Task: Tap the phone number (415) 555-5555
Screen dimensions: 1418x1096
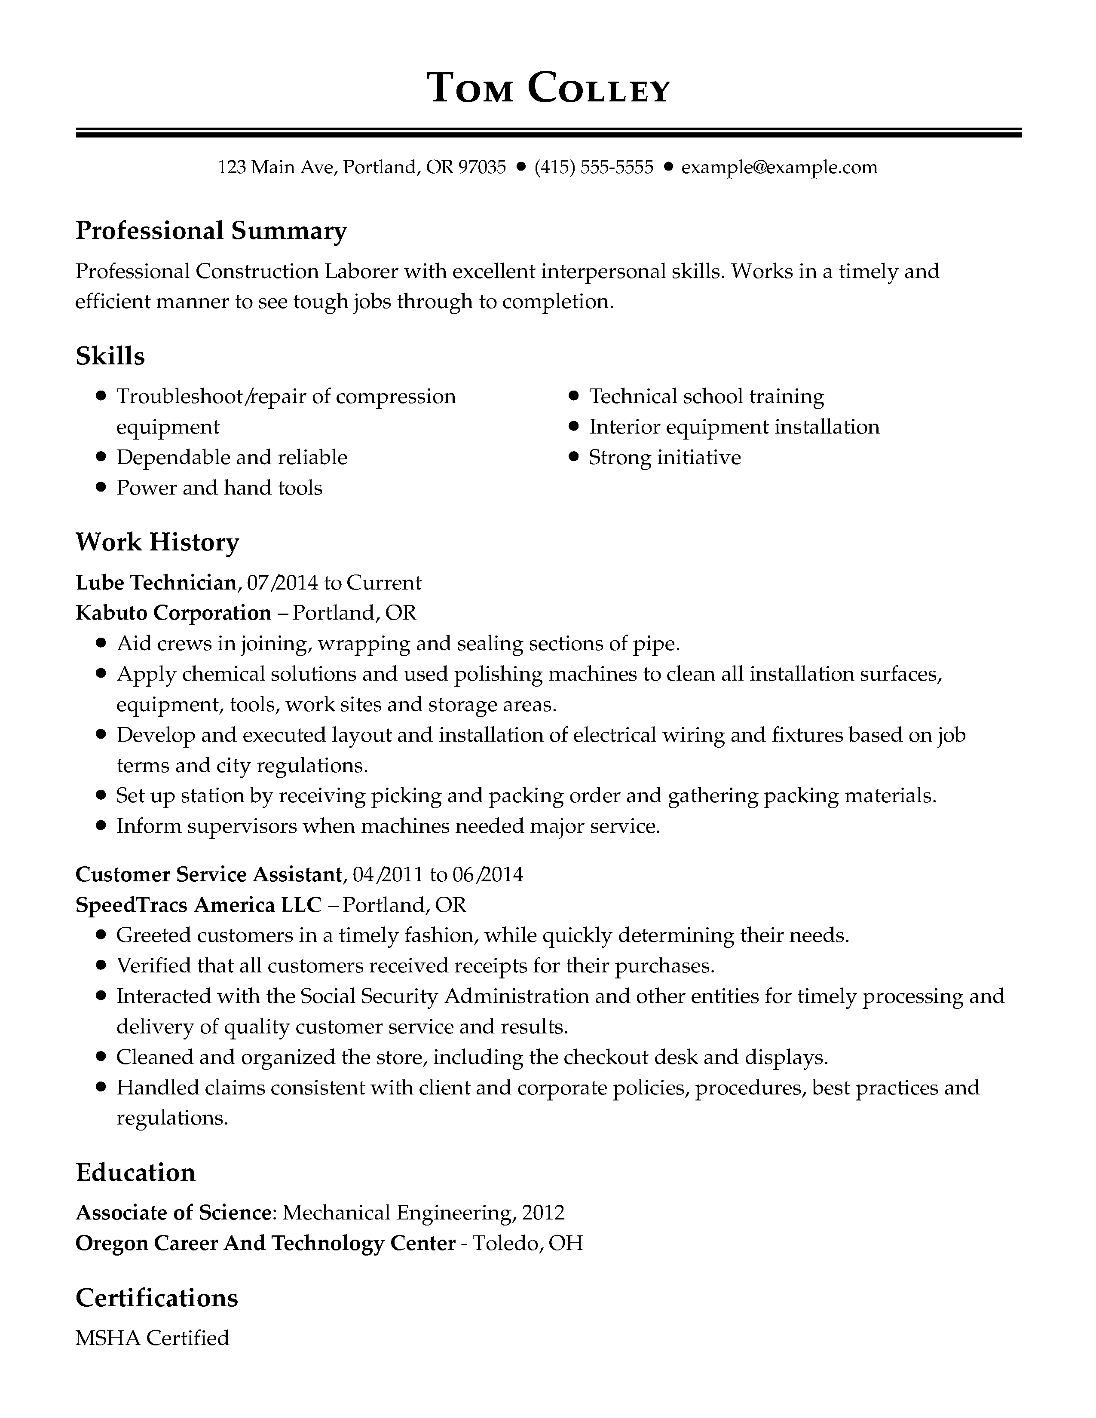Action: [x=594, y=168]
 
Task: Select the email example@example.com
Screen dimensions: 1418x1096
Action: [x=779, y=168]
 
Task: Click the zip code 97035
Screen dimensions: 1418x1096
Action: [x=482, y=168]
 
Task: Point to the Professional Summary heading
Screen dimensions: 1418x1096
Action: [x=211, y=230]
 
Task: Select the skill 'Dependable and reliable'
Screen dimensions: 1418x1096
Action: [x=231, y=457]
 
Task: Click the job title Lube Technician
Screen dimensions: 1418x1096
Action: [x=156, y=582]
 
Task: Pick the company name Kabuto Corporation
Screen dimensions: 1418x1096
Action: [x=173, y=612]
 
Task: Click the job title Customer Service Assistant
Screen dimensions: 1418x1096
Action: [x=208, y=874]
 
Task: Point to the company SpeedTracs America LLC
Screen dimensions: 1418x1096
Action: [x=199, y=905]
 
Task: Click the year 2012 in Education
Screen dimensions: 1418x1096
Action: [x=543, y=1212]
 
